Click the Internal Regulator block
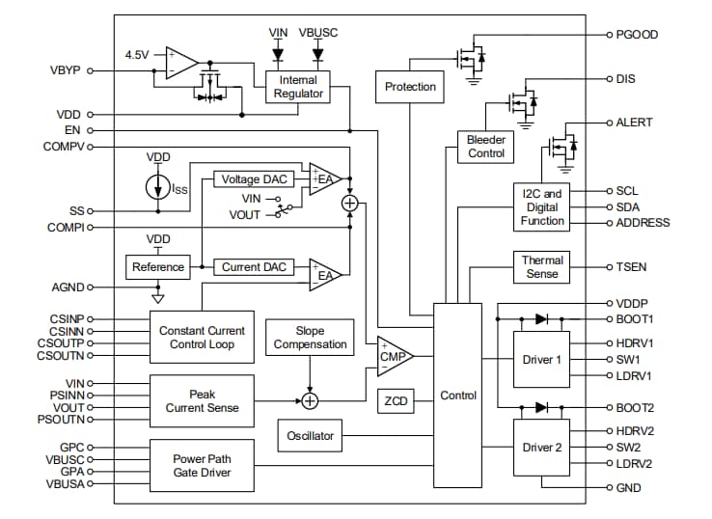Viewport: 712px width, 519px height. pyautogui.click(x=297, y=87)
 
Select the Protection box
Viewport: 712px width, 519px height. pyautogui.click(x=410, y=87)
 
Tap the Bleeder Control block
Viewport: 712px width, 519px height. pyautogui.click(x=485, y=147)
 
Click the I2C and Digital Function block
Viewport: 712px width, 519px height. pyautogui.click(x=542, y=207)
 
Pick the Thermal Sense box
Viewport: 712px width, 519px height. pyautogui.click(x=542, y=267)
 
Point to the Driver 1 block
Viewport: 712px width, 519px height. pyautogui.click(x=541, y=360)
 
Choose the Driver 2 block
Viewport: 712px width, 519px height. pyautogui.click(x=541, y=448)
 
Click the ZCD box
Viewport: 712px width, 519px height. pyautogui.click(x=396, y=400)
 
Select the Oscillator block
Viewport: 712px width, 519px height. pyautogui.click(x=310, y=436)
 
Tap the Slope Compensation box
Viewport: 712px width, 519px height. pyautogui.click(x=310, y=338)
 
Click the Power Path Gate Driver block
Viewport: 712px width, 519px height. pyautogui.click(x=203, y=466)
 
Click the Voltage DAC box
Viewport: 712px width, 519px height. pyautogui.click(x=254, y=179)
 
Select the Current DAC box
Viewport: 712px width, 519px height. pyautogui.click(x=254, y=266)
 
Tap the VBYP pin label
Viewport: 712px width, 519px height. pyautogui.click(x=66, y=70)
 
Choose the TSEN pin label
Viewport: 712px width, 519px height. pyautogui.click(x=633, y=266)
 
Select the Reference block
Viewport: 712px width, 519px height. pyautogui.click(x=157, y=266)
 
